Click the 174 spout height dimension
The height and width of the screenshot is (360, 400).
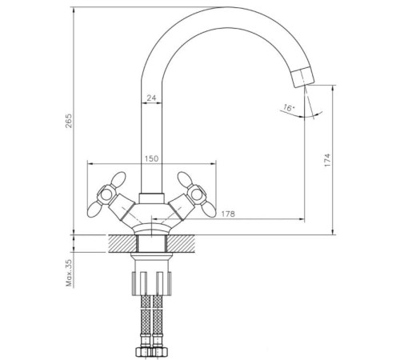327,158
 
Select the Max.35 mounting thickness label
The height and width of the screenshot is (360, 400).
70,272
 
